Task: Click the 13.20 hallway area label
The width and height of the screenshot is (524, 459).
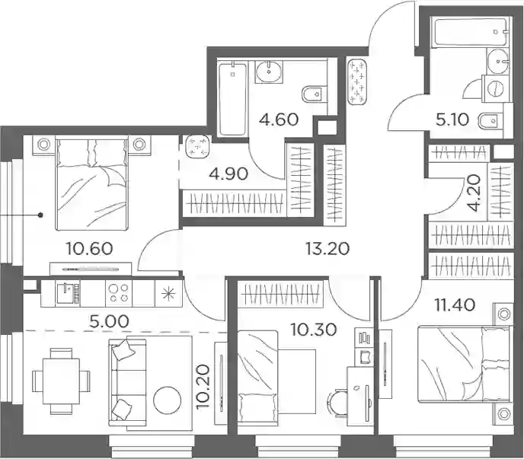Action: pos(327,248)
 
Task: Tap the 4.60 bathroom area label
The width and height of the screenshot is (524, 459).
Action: pos(279,120)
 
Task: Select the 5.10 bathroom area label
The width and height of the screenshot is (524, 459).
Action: pos(452,120)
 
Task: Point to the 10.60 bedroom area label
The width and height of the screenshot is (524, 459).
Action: pos(89,249)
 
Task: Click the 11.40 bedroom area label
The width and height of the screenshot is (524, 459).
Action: pos(455,304)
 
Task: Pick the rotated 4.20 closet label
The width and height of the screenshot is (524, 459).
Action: pos(474,193)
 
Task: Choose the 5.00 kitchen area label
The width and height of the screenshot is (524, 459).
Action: pos(109,321)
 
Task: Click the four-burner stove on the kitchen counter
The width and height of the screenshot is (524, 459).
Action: pos(119,293)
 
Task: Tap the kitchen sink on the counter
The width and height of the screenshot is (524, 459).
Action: pos(69,293)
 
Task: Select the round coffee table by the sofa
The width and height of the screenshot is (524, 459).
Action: pos(167,400)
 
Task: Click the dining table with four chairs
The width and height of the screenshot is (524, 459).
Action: pos(61,381)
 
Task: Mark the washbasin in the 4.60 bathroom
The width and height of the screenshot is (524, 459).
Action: pos(269,71)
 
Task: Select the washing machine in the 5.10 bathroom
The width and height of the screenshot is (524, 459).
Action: pos(496,88)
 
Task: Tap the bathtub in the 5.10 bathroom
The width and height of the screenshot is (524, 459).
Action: pos(469,33)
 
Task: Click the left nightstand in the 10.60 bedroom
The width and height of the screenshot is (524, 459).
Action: pos(43,145)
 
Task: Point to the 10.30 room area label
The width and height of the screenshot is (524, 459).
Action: pos(314,330)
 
